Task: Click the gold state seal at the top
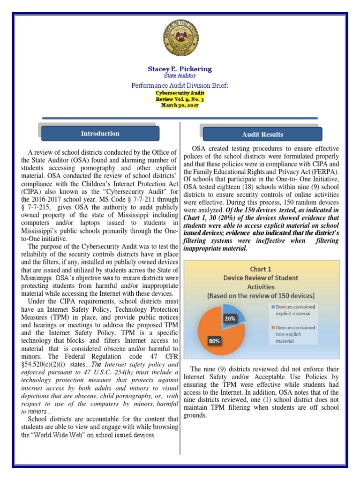coord(180,38)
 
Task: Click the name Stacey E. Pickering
coord(180,69)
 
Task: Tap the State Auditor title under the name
coord(180,75)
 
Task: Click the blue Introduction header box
coord(100,134)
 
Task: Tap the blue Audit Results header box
coord(262,135)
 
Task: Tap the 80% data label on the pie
coord(215,341)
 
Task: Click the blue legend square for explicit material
coord(273,306)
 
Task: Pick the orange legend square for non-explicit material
coord(273,328)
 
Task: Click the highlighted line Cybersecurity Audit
coord(180,93)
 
